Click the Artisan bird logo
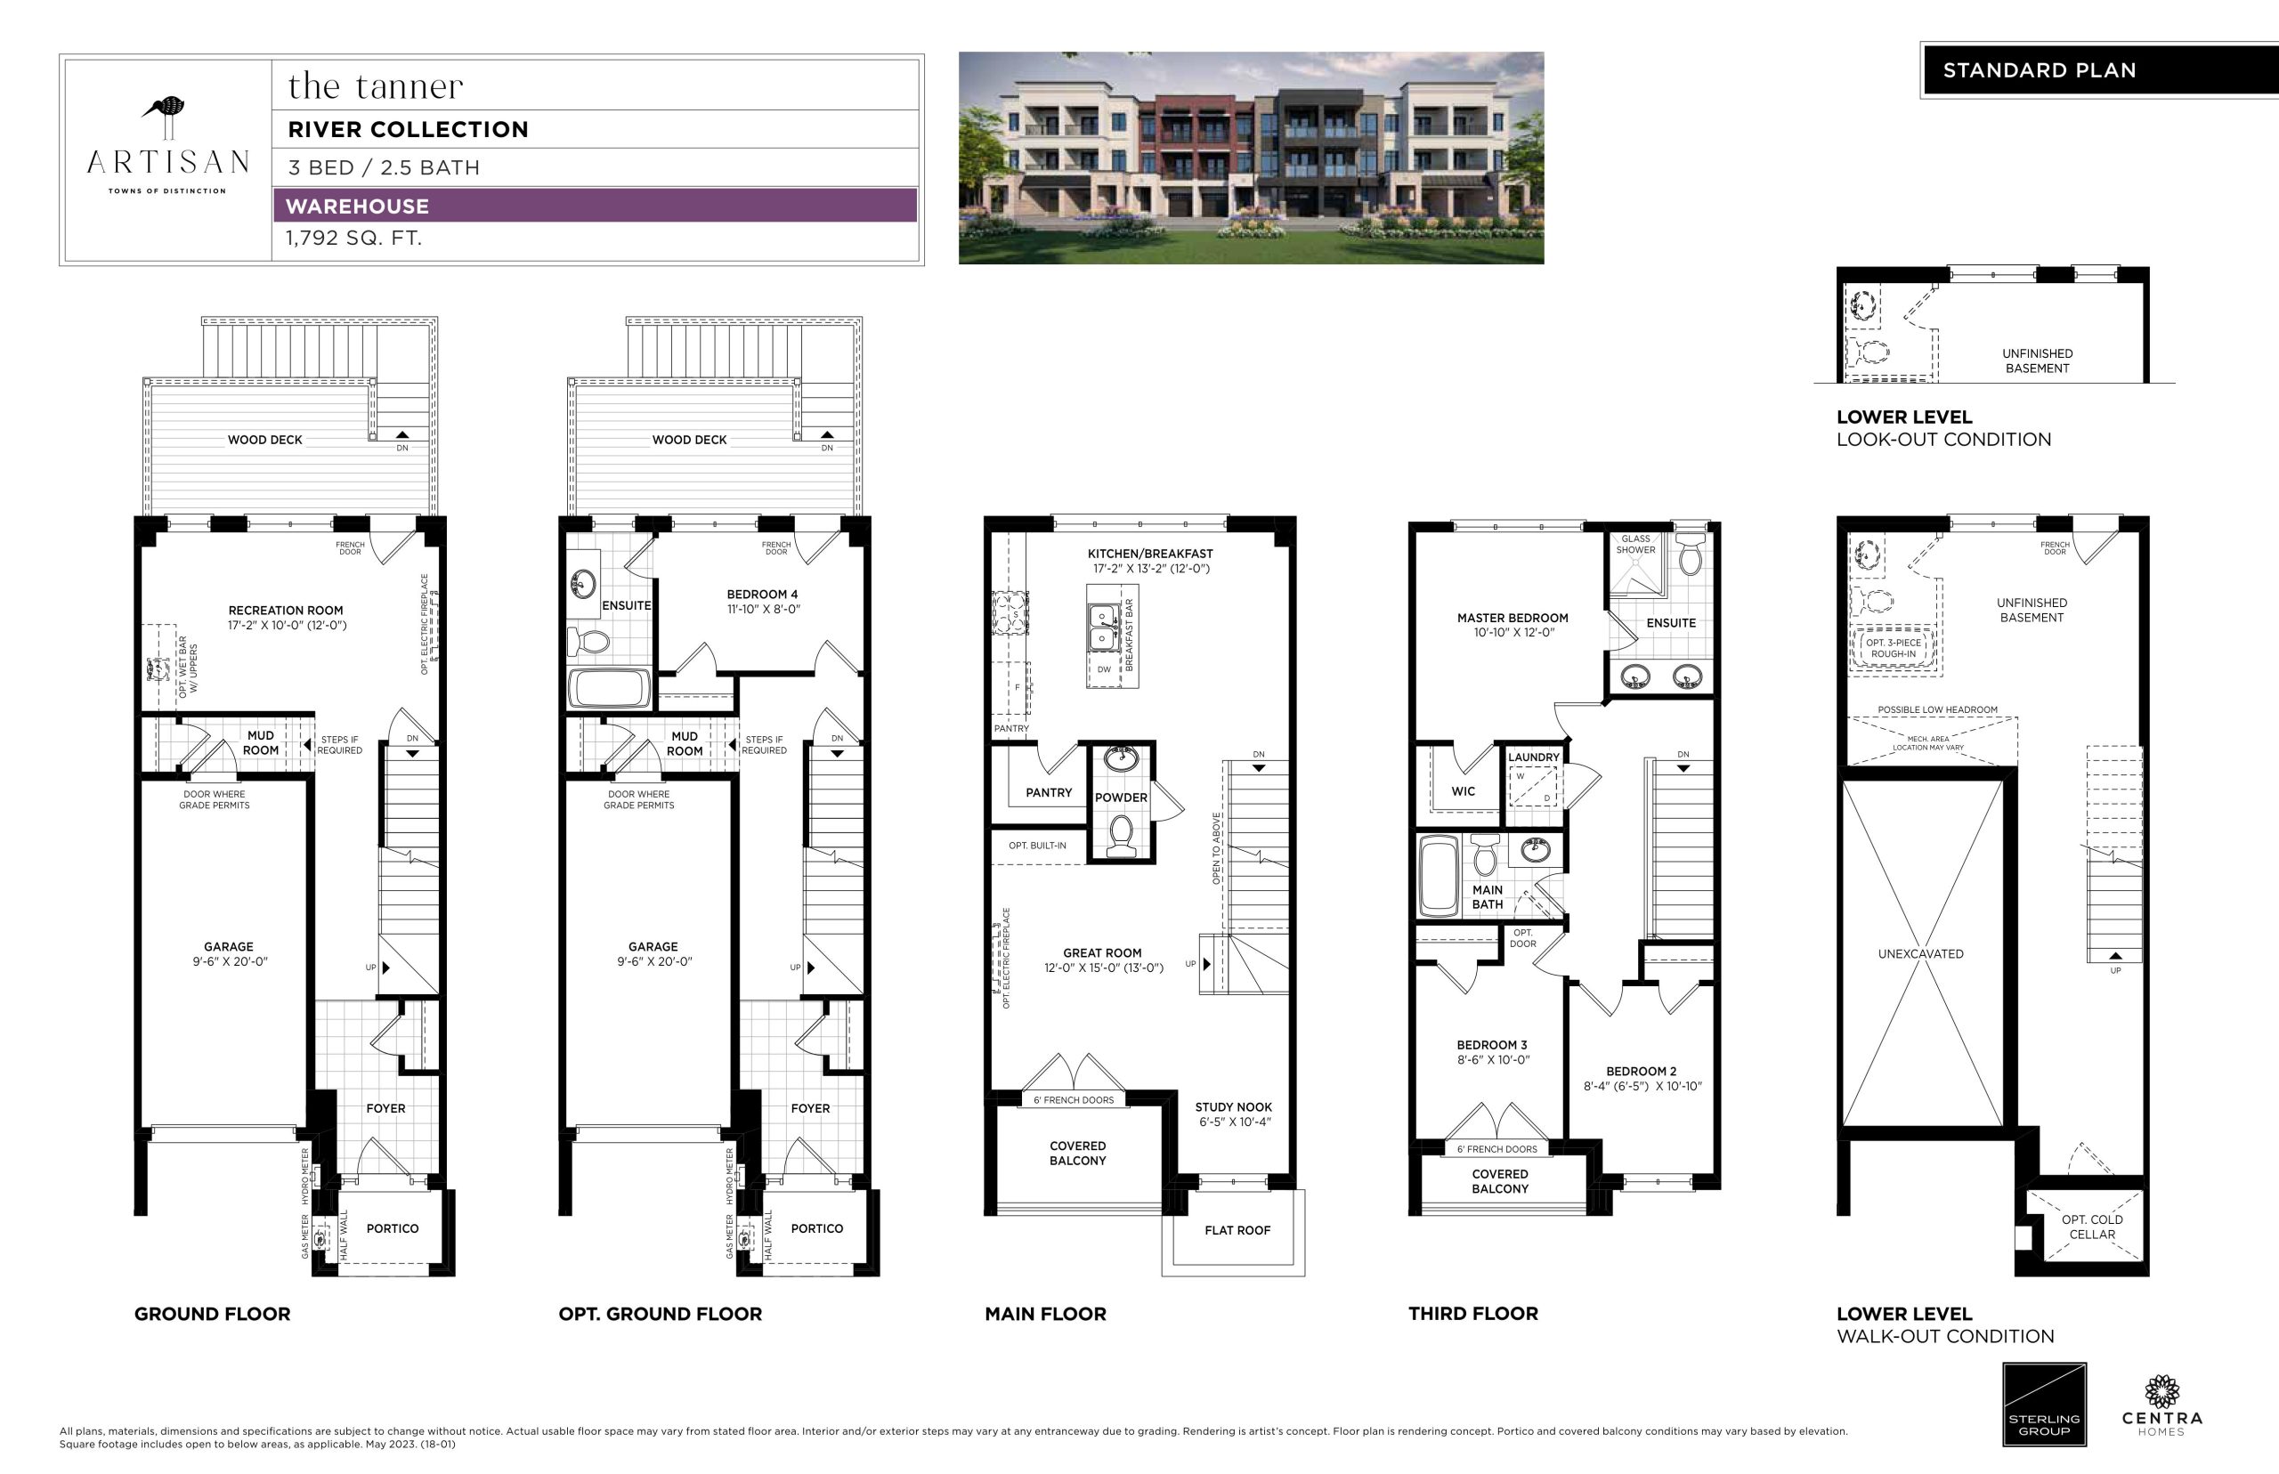pos(166,117)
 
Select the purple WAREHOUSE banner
pos(595,206)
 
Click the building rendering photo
pos(1251,158)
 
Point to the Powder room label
pos(1121,798)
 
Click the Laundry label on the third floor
pos(1533,757)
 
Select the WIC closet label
pos(1463,791)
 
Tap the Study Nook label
pos(1234,1106)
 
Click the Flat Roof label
pos(1237,1230)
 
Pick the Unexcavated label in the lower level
pos(1920,953)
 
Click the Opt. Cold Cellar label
pos(2092,1227)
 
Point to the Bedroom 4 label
pos(762,595)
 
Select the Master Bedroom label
pos(1513,618)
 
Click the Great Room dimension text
pos(1104,968)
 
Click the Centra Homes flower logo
pos(2161,1393)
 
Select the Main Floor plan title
pos(1045,1314)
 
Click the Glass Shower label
pos(1635,544)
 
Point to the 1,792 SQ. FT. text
pos(353,239)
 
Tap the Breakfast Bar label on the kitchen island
pos(1130,635)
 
